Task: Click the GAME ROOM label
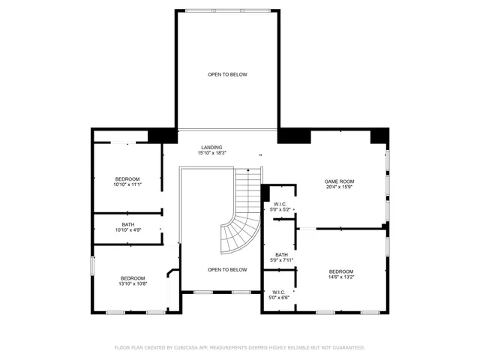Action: (x=339, y=181)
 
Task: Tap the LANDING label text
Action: (x=211, y=147)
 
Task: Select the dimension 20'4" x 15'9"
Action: (x=339, y=187)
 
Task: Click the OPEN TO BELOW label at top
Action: (x=227, y=74)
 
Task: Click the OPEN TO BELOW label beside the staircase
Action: (x=227, y=269)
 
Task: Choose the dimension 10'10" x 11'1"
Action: (x=127, y=184)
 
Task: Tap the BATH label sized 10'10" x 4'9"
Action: (x=128, y=224)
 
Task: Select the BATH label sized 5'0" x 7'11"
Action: (x=281, y=255)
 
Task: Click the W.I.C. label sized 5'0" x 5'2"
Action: (x=281, y=204)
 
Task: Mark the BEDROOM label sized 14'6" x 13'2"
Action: (x=340, y=271)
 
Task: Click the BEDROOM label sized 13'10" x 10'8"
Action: (x=133, y=277)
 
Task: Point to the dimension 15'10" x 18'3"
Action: (x=211, y=153)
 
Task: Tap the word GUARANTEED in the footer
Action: (x=347, y=348)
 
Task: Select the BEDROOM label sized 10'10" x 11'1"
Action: (x=127, y=178)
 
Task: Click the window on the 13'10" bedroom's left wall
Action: (x=92, y=265)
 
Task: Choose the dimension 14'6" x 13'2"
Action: (x=340, y=277)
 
